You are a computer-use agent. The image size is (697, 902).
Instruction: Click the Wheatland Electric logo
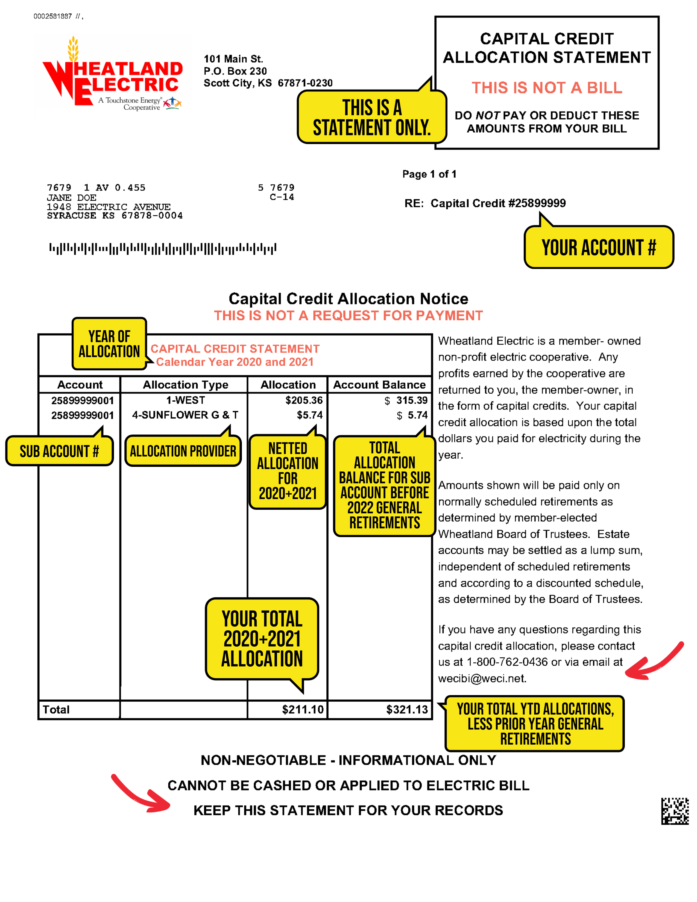[x=112, y=77]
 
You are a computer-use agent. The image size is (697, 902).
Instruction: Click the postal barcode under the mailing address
[x=163, y=249]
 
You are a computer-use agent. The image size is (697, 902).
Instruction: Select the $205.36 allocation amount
[x=304, y=400]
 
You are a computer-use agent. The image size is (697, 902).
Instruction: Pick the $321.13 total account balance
[x=407, y=710]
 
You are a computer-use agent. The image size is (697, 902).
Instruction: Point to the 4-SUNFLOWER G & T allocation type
[x=185, y=415]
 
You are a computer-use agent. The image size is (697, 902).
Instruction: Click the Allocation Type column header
[x=185, y=385]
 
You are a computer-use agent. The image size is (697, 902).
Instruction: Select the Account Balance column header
[x=379, y=385]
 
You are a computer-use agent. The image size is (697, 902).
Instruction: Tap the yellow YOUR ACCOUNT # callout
[x=598, y=247]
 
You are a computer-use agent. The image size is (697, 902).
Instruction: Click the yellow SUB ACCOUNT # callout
[x=59, y=451]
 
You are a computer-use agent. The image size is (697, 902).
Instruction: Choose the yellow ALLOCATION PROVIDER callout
[x=183, y=451]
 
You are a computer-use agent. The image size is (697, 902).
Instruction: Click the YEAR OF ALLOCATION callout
[x=109, y=344]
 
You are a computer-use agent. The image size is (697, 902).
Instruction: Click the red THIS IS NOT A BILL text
[x=547, y=88]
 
